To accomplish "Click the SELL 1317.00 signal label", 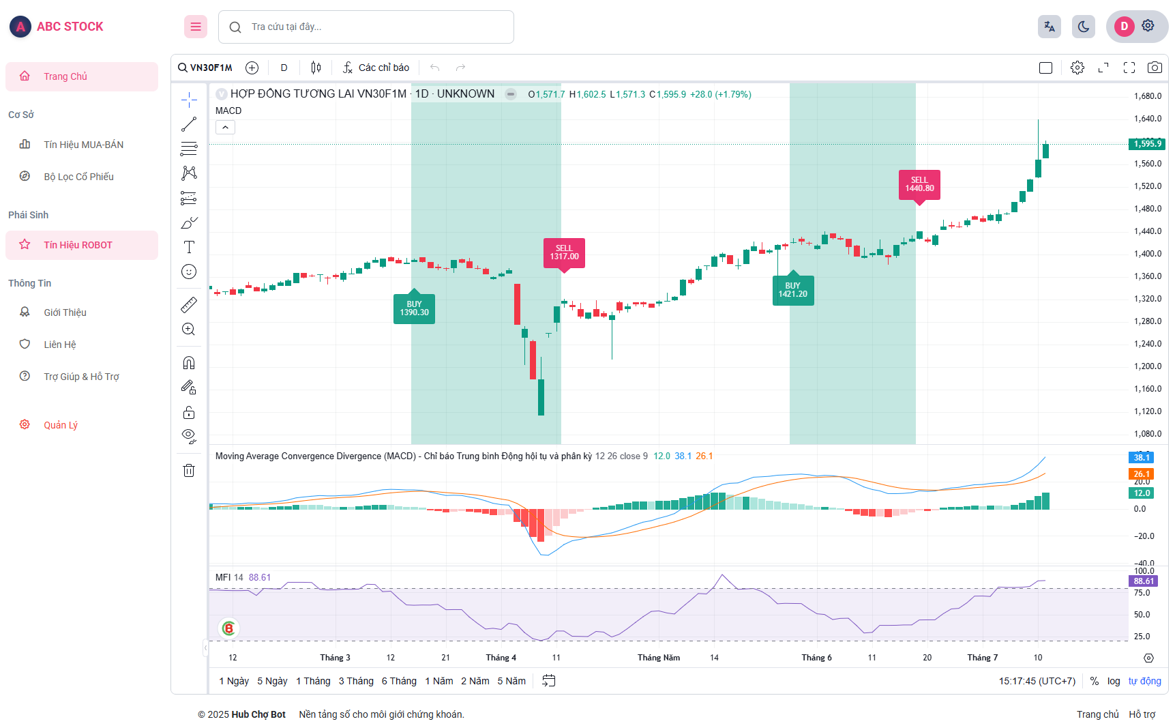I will (x=564, y=252).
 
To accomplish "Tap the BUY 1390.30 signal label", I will (x=414, y=308).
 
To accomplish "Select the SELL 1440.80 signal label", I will (x=919, y=184).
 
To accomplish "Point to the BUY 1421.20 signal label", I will (x=792, y=290).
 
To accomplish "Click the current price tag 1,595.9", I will (x=1147, y=144).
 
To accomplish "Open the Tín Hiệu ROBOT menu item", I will (x=78, y=245).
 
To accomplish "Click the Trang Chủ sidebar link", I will (x=65, y=76).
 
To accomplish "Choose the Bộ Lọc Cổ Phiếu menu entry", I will (x=78, y=177).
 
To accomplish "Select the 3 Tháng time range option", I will (x=356, y=681).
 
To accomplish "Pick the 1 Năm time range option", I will (x=439, y=681).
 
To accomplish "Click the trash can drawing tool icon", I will (x=189, y=470).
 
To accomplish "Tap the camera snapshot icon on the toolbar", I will (x=1155, y=68).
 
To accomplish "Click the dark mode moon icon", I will (x=1083, y=27).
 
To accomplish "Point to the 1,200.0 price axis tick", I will (x=1148, y=366).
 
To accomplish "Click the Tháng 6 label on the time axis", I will (x=816, y=658).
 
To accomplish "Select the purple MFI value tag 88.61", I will (x=1144, y=581).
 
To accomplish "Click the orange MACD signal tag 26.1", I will (x=1141, y=474).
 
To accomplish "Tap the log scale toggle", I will (x=1114, y=681).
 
